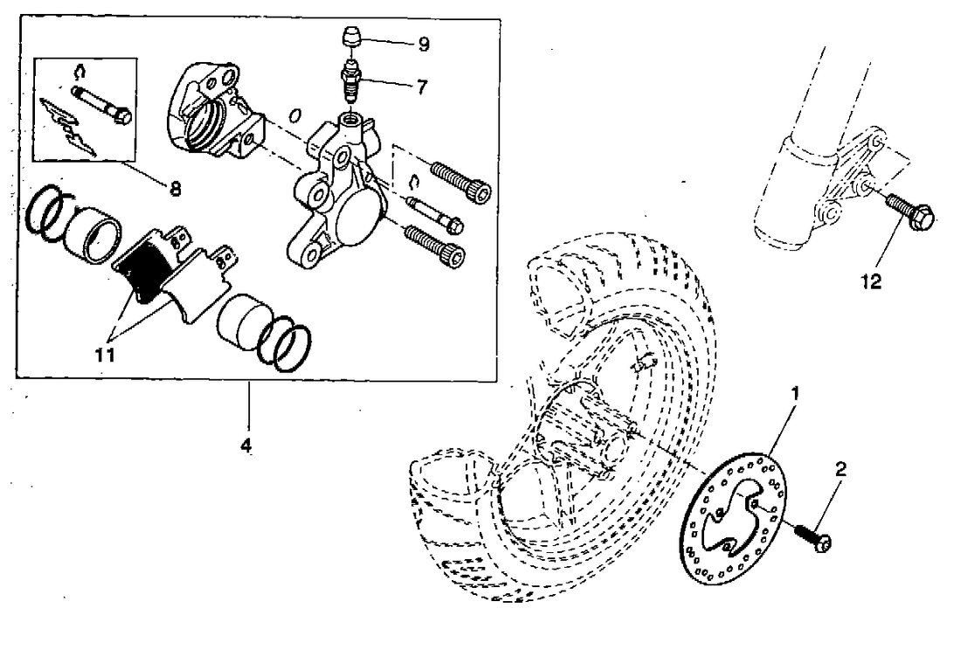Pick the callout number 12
click(x=871, y=282)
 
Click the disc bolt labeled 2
click(x=812, y=537)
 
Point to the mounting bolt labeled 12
click(x=910, y=212)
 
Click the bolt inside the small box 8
click(x=100, y=104)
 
